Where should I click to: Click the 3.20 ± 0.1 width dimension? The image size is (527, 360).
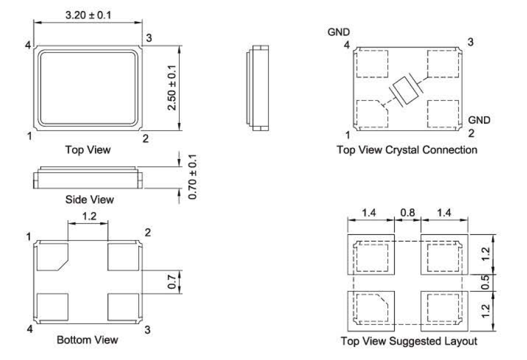click(88, 15)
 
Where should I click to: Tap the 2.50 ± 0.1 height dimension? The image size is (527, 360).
click(172, 87)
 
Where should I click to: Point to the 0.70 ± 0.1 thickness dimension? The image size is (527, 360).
click(192, 177)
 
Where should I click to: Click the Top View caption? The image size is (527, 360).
click(88, 149)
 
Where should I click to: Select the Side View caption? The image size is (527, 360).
click(89, 199)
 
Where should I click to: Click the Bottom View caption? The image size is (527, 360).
click(87, 339)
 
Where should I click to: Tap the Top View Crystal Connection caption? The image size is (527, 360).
click(407, 149)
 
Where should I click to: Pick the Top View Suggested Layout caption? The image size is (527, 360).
click(409, 341)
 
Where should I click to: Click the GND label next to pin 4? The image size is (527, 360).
click(339, 32)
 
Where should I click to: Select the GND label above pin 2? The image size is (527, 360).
click(479, 120)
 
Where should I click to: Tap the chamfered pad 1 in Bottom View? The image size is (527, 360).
click(52, 257)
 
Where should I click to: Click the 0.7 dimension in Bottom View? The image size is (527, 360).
click(171, 282)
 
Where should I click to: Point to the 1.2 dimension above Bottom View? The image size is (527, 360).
click(89, 216)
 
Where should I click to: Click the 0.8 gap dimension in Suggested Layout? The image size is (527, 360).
click(407, 213)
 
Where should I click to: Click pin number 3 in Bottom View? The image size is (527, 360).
click(147, 329)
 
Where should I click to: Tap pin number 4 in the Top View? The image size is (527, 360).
click(28, 44)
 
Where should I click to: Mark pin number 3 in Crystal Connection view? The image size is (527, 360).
click(470, 42)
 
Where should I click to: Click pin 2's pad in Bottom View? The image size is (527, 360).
click(123, 257)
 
